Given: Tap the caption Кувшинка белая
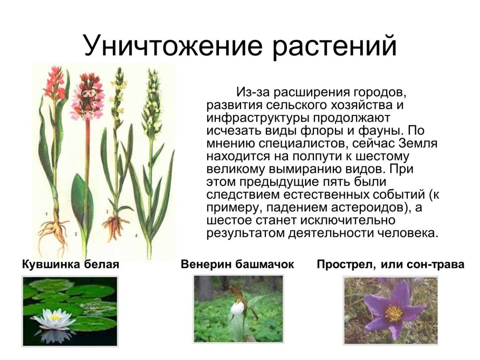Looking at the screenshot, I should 71,264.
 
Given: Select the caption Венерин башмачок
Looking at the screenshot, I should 237,264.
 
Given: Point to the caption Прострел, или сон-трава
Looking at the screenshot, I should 390,264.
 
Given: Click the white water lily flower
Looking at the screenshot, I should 54,318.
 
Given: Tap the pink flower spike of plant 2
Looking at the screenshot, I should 87,98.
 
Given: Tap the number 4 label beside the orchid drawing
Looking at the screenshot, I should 136,236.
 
